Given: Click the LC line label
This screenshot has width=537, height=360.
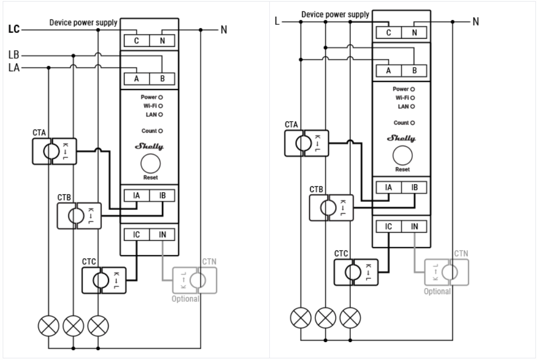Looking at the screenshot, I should click(x=13, y=30).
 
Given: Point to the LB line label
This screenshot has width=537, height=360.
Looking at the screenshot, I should click(x=13, y=55).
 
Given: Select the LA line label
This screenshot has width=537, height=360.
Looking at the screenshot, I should click(x=13, y=67).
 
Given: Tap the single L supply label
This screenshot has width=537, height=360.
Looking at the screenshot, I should click(x=277, y=22).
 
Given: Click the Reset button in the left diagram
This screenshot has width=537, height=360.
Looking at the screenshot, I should click(x=151, y=164).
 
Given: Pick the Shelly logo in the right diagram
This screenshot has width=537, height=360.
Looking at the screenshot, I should click(x=402, y=139).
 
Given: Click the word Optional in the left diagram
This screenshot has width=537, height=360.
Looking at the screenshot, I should click(x=186, y=298).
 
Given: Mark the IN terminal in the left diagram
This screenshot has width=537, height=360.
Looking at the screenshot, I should click(x=162, y=235).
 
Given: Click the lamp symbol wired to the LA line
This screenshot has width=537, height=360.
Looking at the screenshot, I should click(x=49, y=325).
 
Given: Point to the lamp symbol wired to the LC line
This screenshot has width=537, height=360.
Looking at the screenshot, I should click(x=98, y=325).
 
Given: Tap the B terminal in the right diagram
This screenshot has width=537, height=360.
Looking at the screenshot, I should click(x=414, y=70).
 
